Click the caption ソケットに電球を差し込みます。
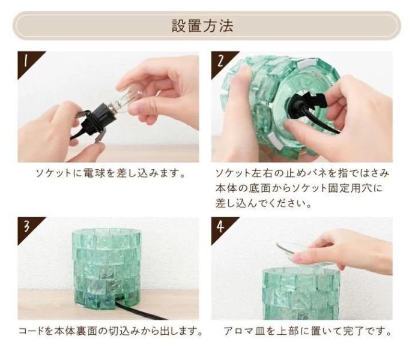pos(109,174)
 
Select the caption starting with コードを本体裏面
pos(110,331)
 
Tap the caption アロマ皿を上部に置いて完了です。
pos(307,331)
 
